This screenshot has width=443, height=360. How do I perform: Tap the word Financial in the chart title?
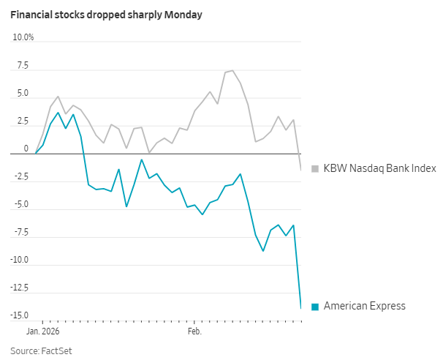[x=31, y=15]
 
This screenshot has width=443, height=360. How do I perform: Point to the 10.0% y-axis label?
[x=23, y=37]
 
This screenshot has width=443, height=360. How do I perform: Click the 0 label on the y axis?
[x=26, y=149]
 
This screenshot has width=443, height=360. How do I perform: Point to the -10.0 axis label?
[x=18, y=260]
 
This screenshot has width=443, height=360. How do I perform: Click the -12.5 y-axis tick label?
[x=18, y=288]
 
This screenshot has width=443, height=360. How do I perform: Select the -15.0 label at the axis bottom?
[x=18, y=315]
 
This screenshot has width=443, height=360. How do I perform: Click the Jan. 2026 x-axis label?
[x=43, y=331]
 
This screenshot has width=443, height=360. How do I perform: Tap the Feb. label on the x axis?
[x=194, y=331]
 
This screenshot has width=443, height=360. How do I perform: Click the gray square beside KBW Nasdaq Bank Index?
[x=316, y=168]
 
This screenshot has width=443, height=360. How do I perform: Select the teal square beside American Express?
[x=316, y=307]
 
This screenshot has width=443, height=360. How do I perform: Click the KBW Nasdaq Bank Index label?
[x=379, y=168]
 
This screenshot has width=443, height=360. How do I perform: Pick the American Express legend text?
[x=364, y=307]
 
